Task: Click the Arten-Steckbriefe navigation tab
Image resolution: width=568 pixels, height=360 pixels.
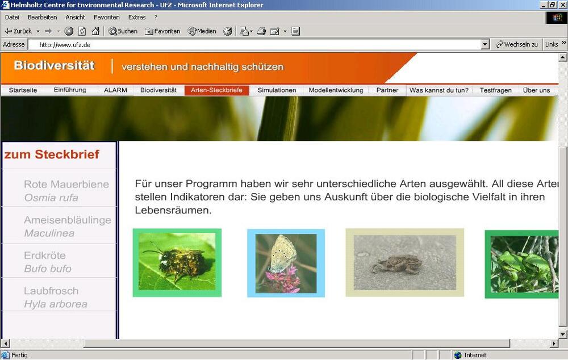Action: coord(216,90)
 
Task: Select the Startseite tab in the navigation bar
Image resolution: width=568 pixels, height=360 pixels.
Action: coord(23,90)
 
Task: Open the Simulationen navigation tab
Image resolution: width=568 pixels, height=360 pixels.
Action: coord(277,90)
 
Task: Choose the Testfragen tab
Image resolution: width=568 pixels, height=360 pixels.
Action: coord(495,90)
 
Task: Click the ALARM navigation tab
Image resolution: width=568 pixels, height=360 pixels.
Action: coord(115,90)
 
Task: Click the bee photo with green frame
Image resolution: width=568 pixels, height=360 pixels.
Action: coord(177,262)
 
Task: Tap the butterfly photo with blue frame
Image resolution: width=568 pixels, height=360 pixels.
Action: coord(286,263)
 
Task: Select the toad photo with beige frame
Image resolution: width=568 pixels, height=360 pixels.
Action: coord(404,262)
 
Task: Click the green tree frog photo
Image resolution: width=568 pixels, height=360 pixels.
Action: coord(521,264)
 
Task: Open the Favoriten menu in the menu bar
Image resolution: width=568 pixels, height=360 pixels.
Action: coord(107,17)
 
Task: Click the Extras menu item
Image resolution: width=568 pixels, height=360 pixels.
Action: coord(137,17)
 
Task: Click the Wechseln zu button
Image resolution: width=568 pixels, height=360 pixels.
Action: coord(517,44)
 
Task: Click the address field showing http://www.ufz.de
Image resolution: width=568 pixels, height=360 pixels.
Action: coord(256,44)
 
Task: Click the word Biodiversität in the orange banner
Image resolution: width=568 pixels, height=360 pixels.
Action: coord(54,66)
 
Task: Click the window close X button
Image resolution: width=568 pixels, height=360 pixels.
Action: coord(562,5)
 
